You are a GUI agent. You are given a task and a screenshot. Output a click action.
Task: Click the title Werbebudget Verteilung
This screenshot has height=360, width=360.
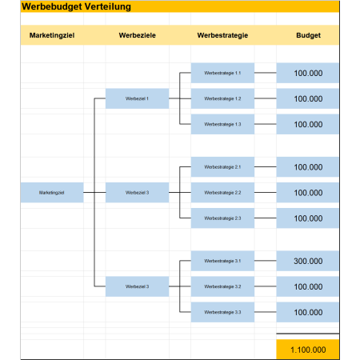coord(76,6)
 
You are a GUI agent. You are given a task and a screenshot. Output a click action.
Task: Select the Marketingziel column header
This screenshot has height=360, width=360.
coord(52,35)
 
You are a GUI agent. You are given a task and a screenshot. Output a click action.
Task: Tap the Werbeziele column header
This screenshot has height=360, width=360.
coord(138,35)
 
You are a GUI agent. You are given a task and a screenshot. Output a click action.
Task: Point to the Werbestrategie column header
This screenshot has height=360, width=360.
coord(222,35)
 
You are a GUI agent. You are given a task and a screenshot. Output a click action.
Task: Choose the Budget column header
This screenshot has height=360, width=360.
coord(308,35)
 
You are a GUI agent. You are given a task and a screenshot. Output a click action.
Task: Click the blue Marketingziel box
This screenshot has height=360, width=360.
coord(52,193)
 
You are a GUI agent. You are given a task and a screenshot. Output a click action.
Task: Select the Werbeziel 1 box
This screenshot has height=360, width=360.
coord(137,98)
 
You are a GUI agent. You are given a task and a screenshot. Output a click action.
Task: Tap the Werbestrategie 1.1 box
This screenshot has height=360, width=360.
coord(222,73)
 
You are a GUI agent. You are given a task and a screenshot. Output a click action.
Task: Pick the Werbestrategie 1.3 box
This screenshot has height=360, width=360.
coord(222,124)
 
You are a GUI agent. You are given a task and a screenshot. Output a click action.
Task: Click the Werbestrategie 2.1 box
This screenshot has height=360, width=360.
coord(222,167)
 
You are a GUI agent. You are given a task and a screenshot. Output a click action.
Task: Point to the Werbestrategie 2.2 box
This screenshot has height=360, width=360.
coord(222,193)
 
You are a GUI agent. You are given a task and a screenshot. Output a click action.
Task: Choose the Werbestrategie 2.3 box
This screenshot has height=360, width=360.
coord(222,218)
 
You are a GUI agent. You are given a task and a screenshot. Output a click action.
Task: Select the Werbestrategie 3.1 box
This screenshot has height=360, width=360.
coord(222,261)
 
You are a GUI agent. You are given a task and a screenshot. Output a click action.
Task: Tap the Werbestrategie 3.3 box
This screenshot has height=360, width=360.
coord(222,312)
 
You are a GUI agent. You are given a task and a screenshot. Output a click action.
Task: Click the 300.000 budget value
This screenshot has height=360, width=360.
coord(308,261)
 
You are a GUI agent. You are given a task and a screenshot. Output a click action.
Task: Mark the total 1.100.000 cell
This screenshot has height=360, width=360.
coord(308,350)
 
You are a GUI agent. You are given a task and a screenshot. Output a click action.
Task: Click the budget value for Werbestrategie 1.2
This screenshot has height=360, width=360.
coord(308,98)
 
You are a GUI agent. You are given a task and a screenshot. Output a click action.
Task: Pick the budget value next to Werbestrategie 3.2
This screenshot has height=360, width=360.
coord(308,286)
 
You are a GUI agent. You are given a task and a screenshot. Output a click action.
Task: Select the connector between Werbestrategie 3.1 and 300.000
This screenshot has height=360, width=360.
coord(266,261)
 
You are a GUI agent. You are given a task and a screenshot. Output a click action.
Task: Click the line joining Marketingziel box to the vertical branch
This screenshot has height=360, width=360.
coord(89,192)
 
